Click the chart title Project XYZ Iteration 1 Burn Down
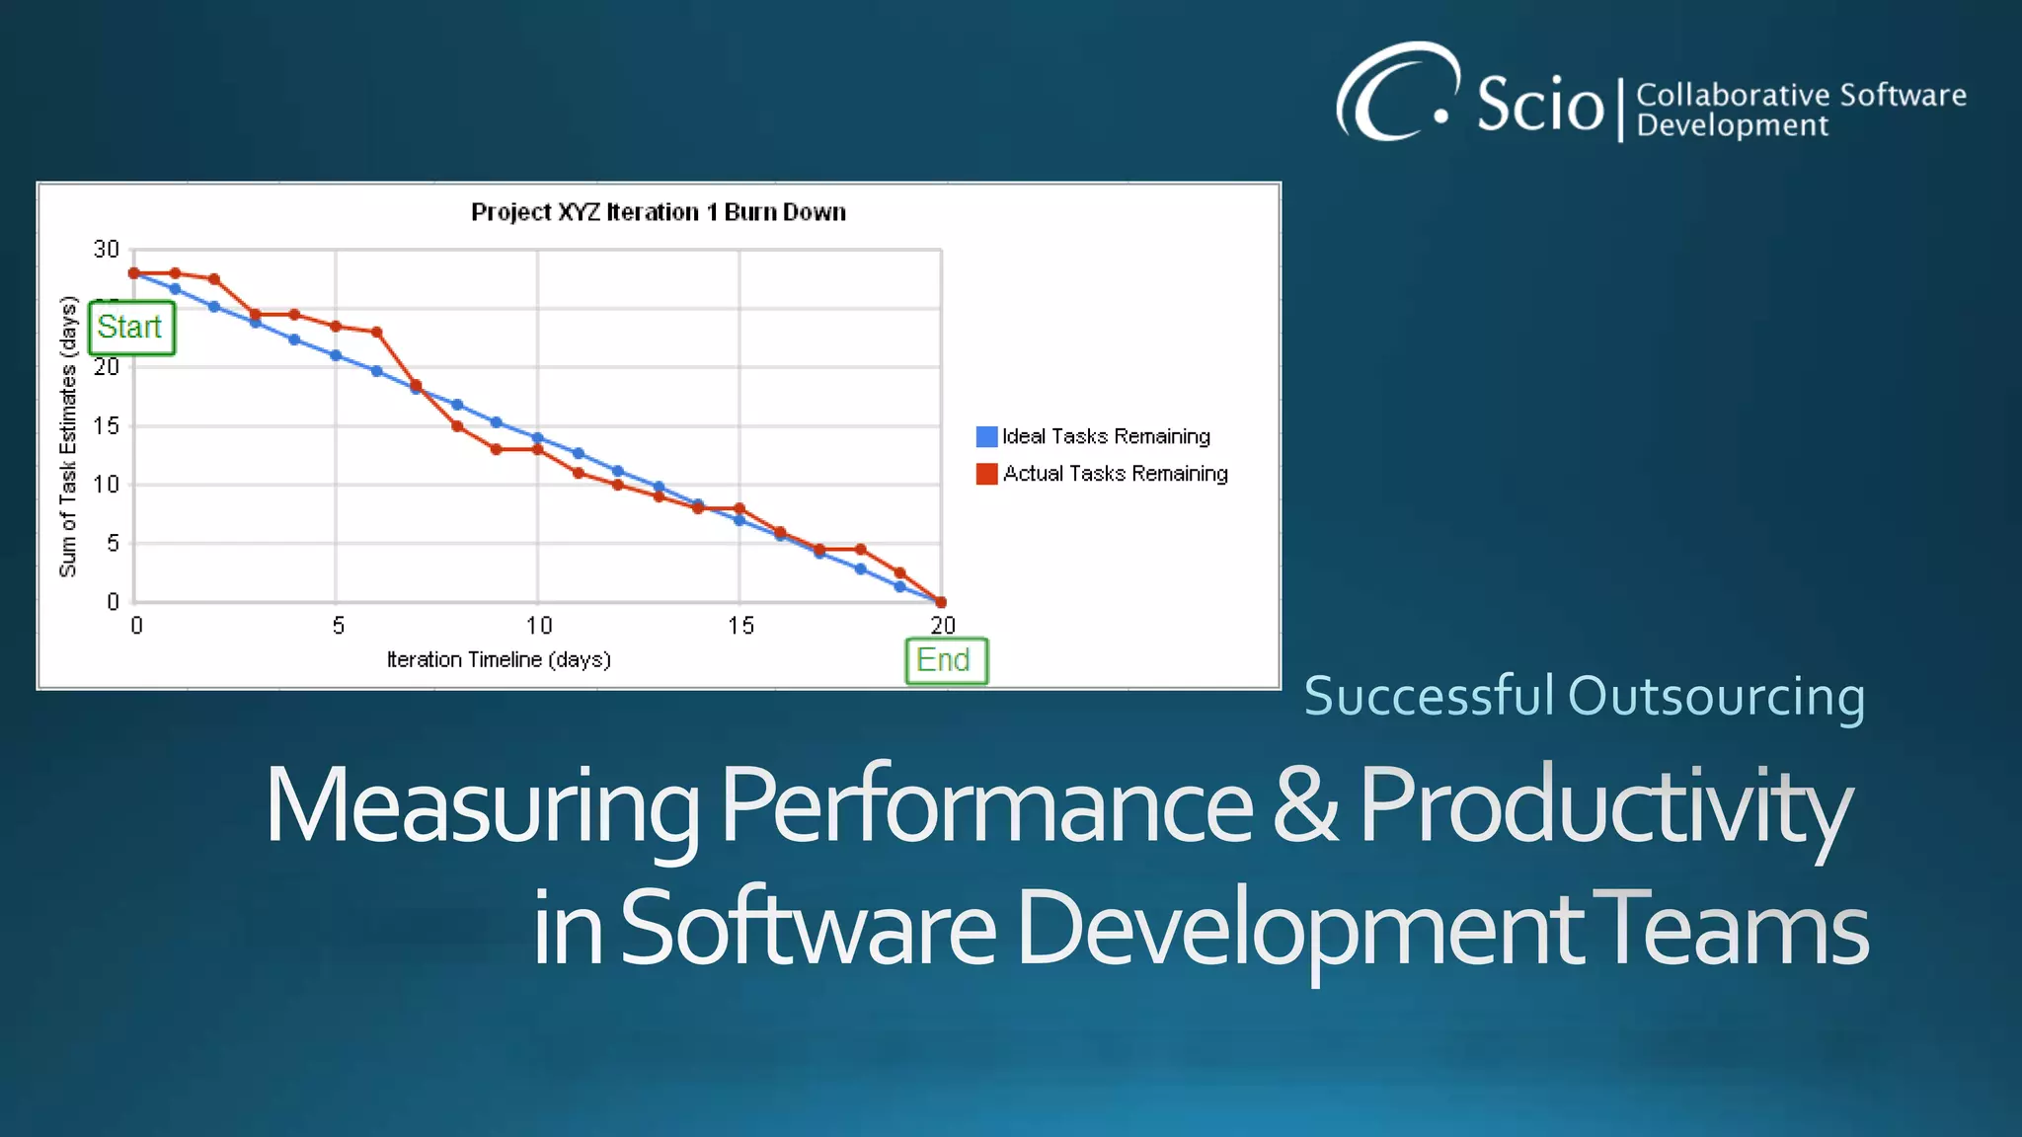[658, 212]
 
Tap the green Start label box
[131, 328]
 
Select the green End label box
[946, 660]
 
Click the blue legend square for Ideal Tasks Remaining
[986, 436]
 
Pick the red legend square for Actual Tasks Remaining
[986, 474]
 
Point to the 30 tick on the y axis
[107, 250]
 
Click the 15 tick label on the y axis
[107, 425]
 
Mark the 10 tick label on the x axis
[538, 626]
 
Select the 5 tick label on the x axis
[338, 626]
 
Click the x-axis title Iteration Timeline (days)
[499, 659]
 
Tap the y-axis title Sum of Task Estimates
[67, 436]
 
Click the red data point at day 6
[376, 333]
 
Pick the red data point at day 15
[739, 508]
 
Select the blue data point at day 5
[336, 355]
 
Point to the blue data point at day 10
[538, 437]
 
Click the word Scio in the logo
[1539, 104]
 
